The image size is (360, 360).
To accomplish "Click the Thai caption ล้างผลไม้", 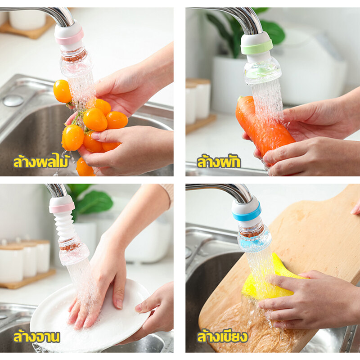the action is coord(41,162).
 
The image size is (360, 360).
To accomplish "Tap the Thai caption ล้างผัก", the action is coord(219,162).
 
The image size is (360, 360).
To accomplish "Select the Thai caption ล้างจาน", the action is coord(36,337).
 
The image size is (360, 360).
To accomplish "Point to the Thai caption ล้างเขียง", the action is coord(222,336).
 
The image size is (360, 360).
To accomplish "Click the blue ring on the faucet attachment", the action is coord(247,213).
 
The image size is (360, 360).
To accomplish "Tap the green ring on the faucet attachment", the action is coord(256,47).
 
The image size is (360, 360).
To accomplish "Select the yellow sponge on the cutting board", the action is coord(271,283).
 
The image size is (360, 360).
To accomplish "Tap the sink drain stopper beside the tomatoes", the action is coord(13,100).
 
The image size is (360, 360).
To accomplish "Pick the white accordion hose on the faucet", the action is coord(64,226).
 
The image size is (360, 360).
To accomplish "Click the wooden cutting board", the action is coord(287,264).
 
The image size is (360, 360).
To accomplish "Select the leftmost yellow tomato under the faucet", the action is coord(62,91).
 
